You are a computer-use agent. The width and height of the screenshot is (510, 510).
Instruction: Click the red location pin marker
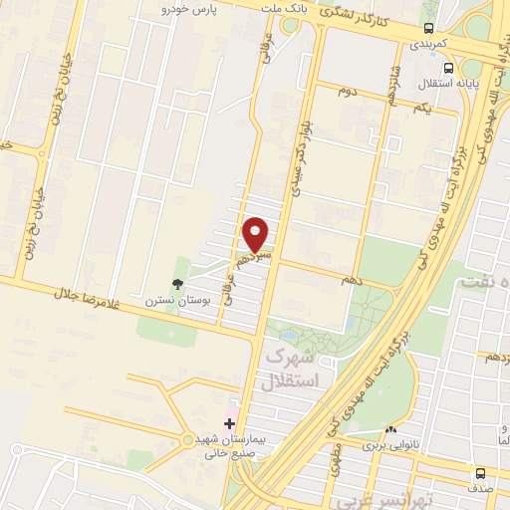(x=256, y=233)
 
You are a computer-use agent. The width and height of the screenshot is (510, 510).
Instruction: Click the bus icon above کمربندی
(x=428, y=29)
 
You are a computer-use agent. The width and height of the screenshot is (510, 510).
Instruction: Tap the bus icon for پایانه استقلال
(x=449, y=69)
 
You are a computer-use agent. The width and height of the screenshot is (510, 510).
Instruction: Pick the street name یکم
(x=421, y=107)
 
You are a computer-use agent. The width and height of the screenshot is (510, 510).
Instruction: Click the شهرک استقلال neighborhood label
(x=293, y=370)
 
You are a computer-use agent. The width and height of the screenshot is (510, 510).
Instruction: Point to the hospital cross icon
(x=230, y=423)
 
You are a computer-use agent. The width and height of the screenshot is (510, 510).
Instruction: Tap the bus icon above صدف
(x=481, y=473)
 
